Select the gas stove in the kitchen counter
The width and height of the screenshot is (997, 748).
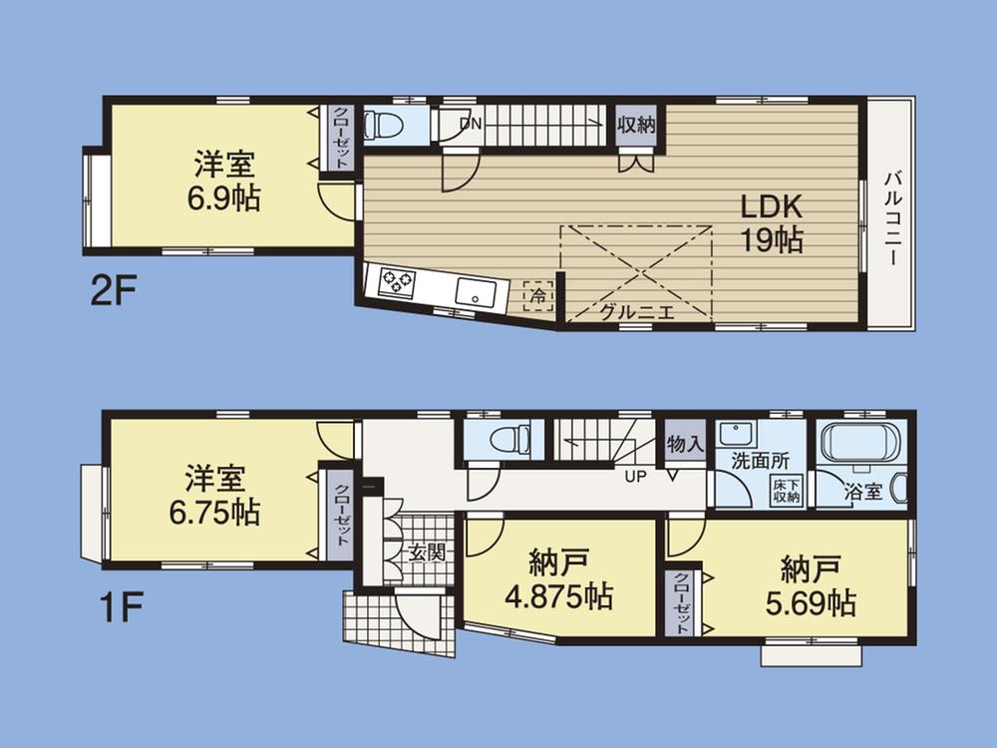[x=396, y=282]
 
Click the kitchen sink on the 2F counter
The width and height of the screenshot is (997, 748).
[x=477, y=292]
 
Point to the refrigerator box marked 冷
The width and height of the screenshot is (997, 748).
[x=538, y=294]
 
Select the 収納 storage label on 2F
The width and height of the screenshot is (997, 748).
[x=635, y=126]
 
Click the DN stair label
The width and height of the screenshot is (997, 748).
[x=471, y=124]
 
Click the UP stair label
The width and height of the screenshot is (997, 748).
[x=634, y=477]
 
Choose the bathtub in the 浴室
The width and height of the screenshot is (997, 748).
[x=859, y=441]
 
